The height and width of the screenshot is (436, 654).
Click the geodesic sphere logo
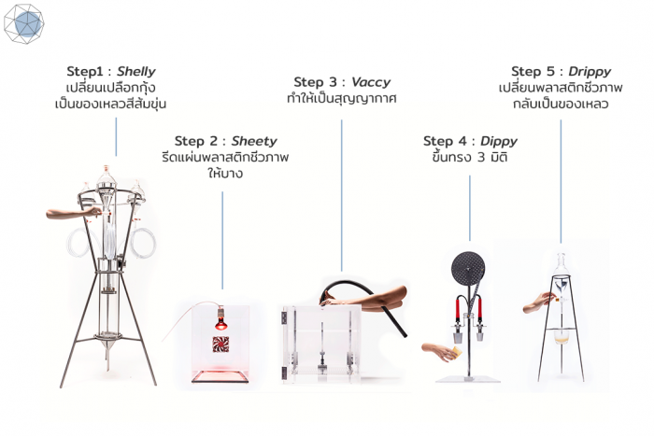tap(23, 23)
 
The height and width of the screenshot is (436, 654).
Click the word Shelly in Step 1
tap(136, 71)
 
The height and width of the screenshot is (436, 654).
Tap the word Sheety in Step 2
tap(254, 141)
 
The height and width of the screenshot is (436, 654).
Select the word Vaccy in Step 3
tap(371, 82)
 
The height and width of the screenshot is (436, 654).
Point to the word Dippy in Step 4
tap(499, 141)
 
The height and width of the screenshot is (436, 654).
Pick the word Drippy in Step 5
tap(590, 71)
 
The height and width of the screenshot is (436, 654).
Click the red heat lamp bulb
tap(220, 323)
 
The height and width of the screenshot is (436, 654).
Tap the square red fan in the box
tap(220, 344)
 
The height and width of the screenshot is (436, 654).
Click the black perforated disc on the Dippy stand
tap(468, 265)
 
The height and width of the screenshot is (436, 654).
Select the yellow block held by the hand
tap(457, 352)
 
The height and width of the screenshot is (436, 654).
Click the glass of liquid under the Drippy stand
tap(562, 336)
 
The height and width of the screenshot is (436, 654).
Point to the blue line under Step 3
tap(342, 195)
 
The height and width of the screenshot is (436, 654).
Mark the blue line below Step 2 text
tap(222, 240)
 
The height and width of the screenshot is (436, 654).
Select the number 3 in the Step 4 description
tap(481, 158)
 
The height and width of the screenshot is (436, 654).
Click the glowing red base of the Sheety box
tap(220, 376)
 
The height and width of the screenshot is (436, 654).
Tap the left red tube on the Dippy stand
tap(458, 309)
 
